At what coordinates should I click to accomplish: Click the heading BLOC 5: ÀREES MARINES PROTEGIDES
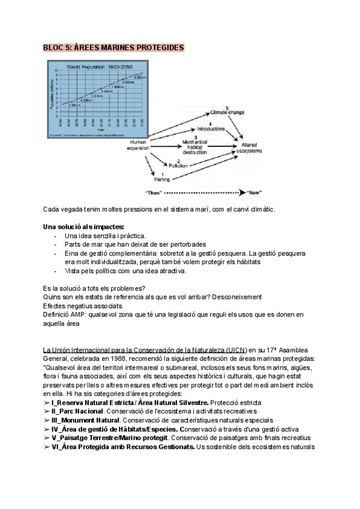[114, 47]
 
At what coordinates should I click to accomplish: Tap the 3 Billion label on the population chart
[74, 105]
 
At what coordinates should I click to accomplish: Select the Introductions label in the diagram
[211, 128]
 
